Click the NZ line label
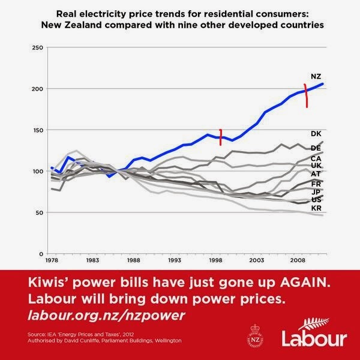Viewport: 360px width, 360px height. point(317,76)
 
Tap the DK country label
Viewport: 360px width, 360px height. point(317,134)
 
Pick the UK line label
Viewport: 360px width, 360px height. point(317,165)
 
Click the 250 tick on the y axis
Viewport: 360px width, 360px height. point(37,47)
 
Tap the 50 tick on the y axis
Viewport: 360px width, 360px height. point(38,213)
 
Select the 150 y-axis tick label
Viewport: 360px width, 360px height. point(37,130)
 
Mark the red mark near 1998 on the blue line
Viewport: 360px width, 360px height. point(221,137)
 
